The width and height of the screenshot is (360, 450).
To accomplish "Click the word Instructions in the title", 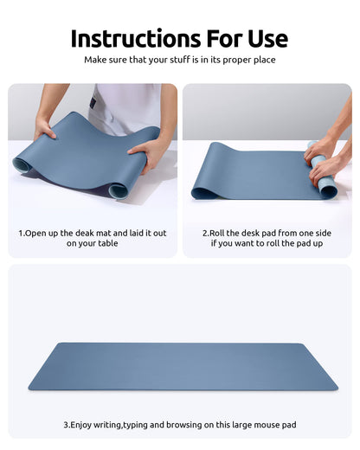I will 131,39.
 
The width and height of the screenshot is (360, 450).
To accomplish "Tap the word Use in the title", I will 261,39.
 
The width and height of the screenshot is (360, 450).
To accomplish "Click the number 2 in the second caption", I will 205,233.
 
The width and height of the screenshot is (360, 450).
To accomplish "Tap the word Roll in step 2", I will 221,233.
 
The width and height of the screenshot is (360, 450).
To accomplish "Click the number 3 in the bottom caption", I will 66,425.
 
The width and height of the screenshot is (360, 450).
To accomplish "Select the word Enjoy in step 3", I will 86,425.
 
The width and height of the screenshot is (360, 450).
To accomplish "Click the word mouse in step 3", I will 268,425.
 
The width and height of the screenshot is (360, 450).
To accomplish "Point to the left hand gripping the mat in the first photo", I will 44,127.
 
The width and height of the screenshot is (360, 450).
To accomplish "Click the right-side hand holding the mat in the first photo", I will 148,152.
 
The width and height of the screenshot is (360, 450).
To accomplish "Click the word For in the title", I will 214,39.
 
